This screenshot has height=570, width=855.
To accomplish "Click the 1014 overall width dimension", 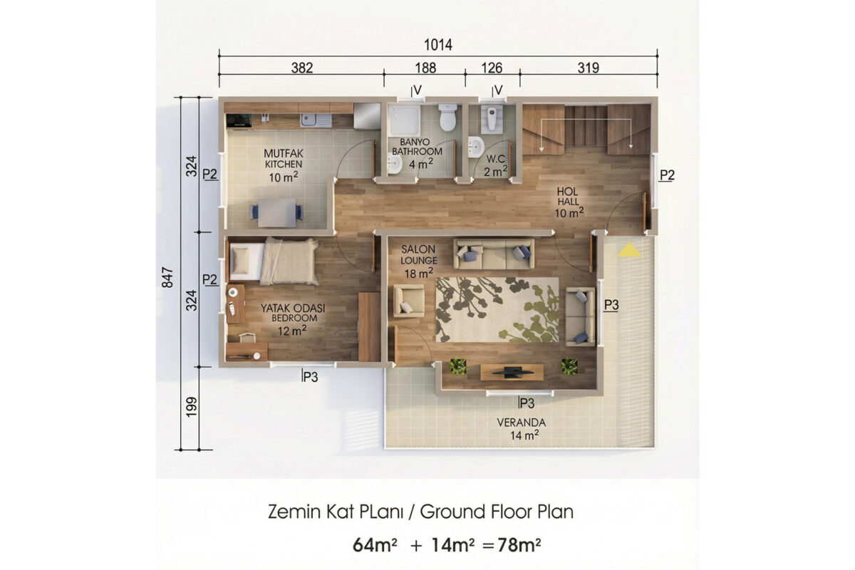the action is point(438,45).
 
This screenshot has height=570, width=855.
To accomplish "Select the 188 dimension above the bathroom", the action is point(425,68).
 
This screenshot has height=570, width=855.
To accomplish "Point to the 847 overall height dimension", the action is point(167,278).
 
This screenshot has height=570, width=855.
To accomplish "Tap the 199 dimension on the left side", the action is point(191,407).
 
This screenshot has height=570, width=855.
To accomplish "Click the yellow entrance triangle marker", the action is point(629,251).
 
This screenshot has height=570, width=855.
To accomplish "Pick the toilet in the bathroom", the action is point(447,118).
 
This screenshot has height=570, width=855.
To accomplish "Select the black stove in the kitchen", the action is point(239,120).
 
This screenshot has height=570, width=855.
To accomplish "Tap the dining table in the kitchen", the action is point(277,213).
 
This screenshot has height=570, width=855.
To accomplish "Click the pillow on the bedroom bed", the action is point(241,260).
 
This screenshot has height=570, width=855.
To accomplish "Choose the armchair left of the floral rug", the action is point(409,301).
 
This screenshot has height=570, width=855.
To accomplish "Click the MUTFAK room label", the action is point(284,153).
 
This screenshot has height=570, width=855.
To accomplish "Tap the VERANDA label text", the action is point(521,423).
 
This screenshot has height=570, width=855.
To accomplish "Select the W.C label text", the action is point(495,159).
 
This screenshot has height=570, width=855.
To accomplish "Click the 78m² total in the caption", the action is point(519,545).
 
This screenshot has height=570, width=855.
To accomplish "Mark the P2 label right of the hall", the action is point(667,175).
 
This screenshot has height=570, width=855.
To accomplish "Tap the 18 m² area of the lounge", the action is point(419,273).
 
